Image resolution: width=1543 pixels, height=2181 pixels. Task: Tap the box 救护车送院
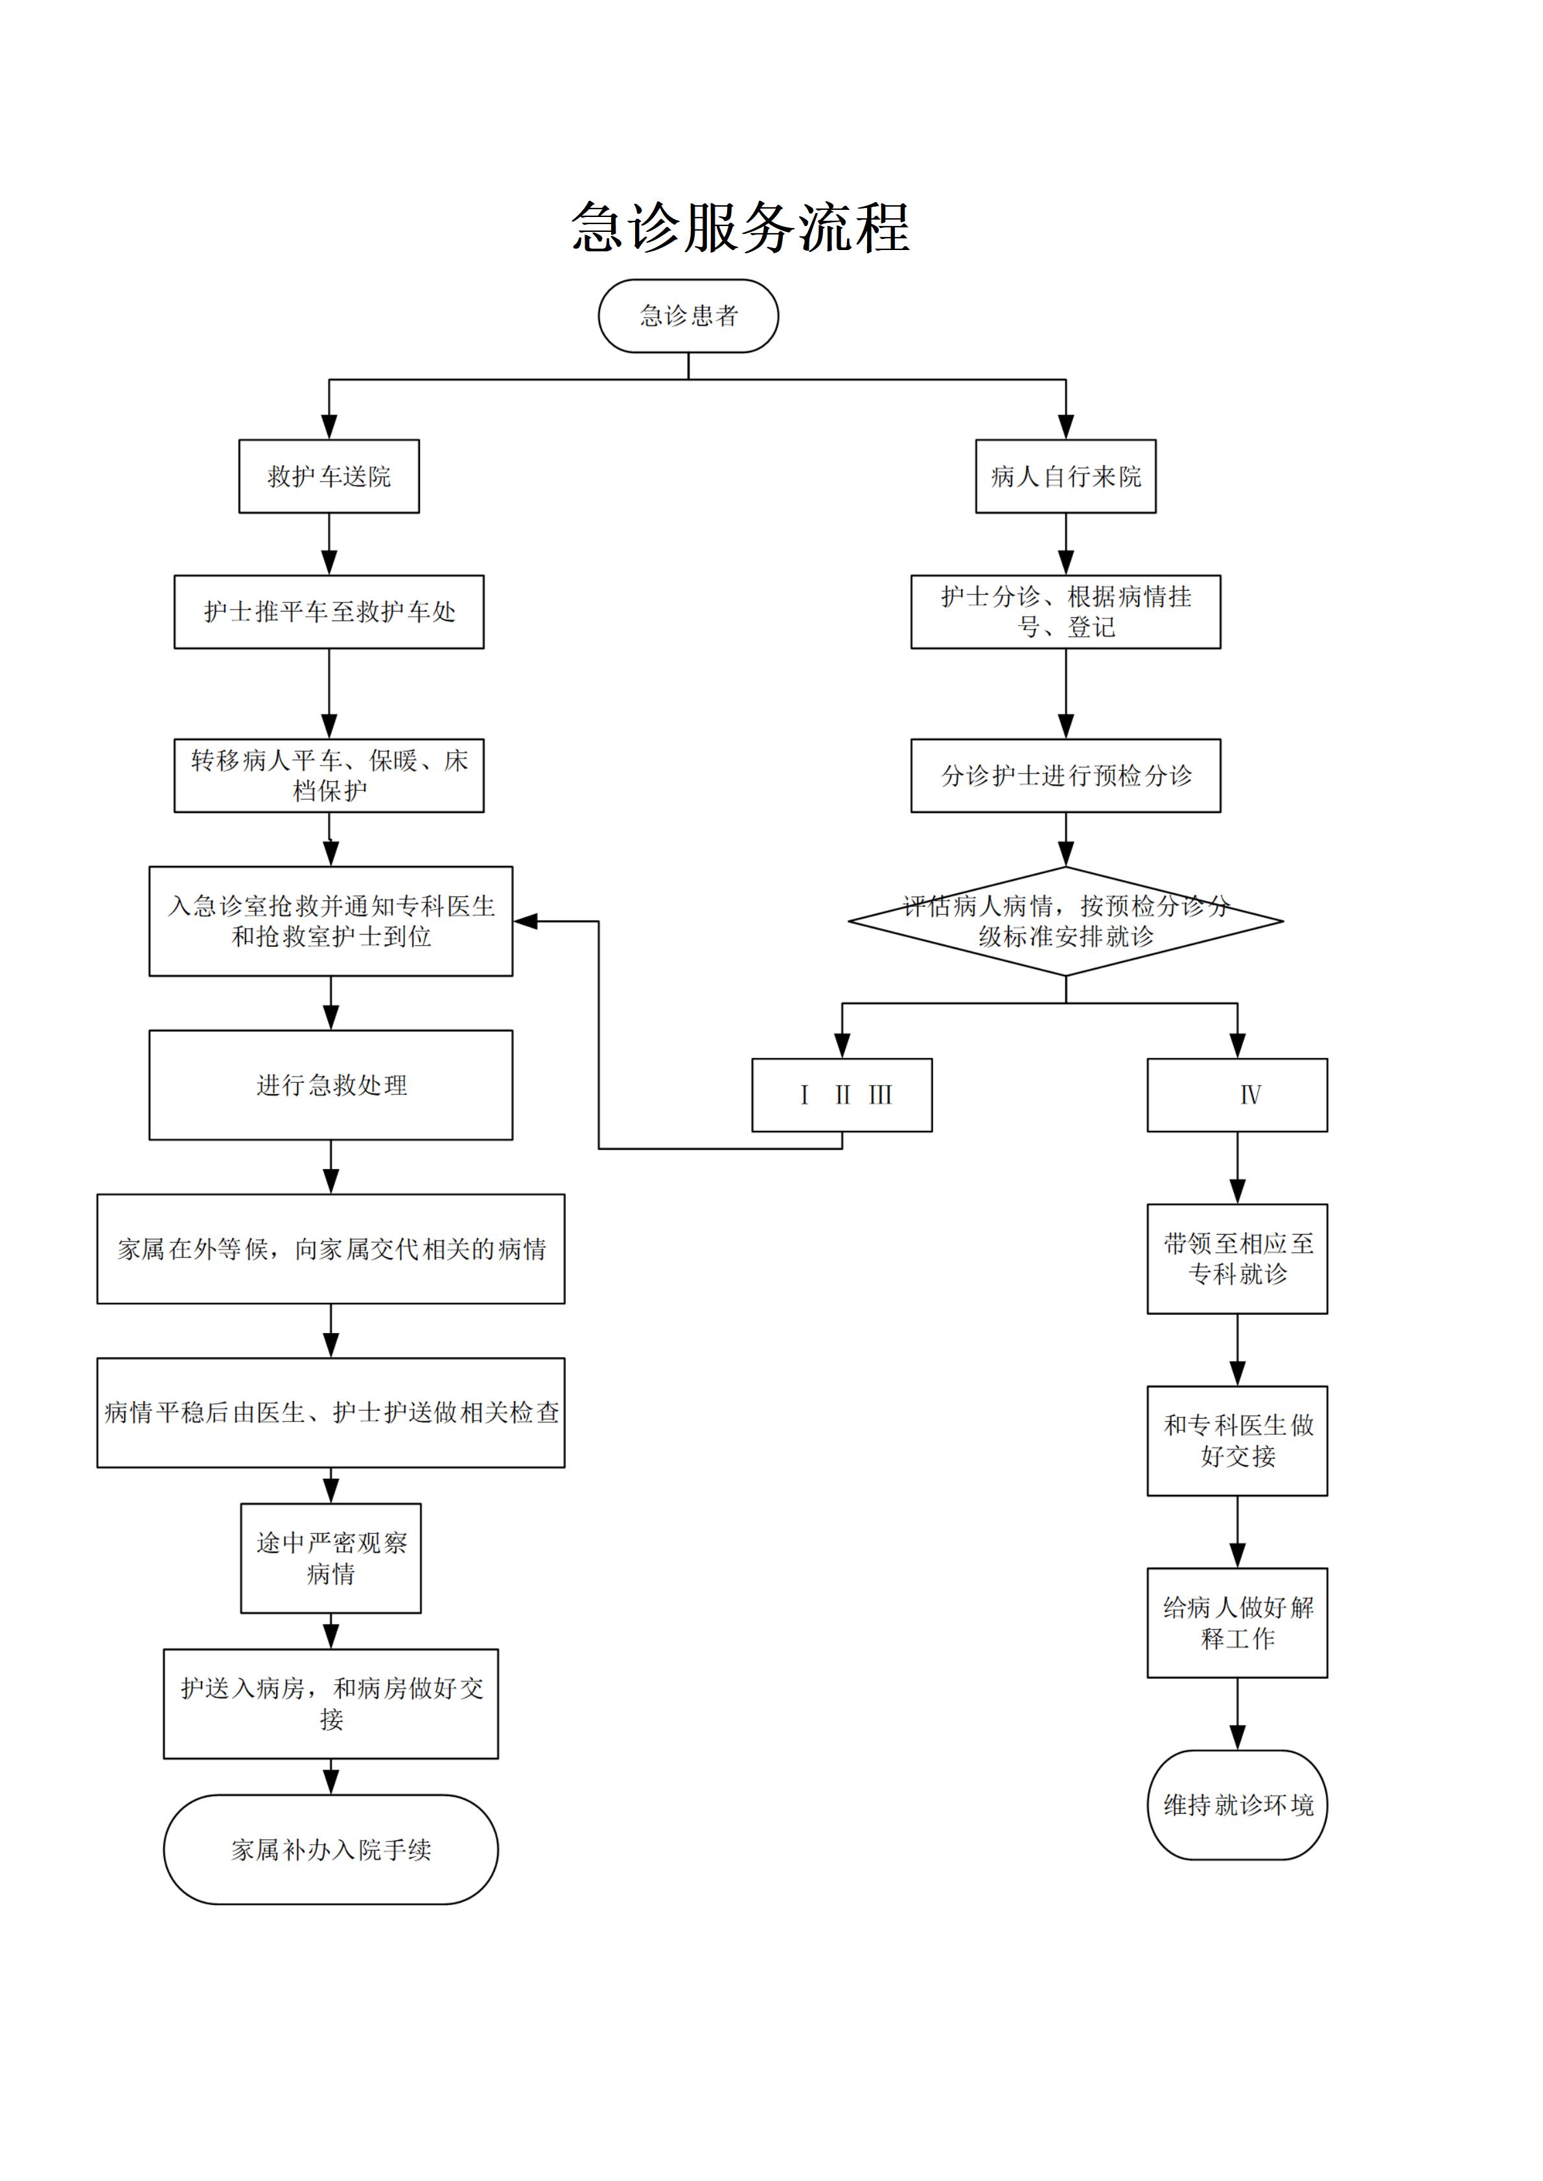pyautogui.click(x=329, y=476)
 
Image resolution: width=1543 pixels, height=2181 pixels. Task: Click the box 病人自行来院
pyautogui.click(x=1065, y=476)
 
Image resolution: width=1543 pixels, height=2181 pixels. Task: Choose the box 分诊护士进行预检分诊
pyautogui.click(x=1065, y=775)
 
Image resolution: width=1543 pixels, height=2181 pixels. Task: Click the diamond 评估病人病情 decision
pyautogui.click(x=1065, y=920)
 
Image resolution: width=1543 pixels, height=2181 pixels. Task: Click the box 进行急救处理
pyautogui.click(x=331, y=1085)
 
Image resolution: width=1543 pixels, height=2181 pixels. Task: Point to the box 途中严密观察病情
pyautogui.click(x=331, y=1558)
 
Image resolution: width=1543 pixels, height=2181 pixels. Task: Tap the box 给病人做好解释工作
pyautogui.click(x=1237, y=1623)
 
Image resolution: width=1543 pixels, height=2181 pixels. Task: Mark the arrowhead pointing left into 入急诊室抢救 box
pyautogui.click(x=526, y=920)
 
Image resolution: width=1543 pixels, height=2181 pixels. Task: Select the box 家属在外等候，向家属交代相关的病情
pyautogui.click(x=331, y=1248)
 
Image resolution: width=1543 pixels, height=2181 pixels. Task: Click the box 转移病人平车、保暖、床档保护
pyautogui.click(x=329, y=775)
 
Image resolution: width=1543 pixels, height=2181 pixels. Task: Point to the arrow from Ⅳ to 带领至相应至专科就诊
pyautogui.click(x=1237, y=1169)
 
